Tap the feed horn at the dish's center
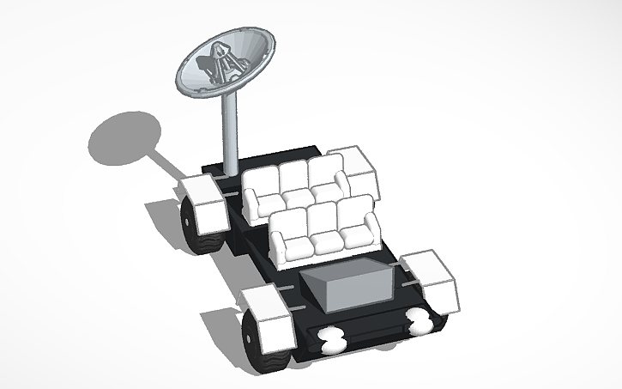pyautogui.click(x=214, y=64)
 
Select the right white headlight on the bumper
pyautogui.click(x=420, y=321)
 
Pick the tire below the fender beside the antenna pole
pyautogui.click(x=194, y=230)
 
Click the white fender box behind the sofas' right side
pyautogui.click(x=352, y=167)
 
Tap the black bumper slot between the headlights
pyautogui.click(x=375, y=331)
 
